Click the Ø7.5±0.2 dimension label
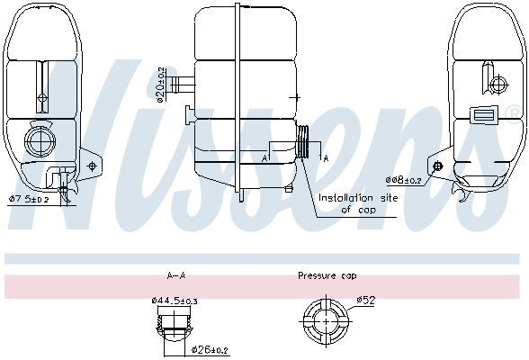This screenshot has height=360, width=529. [30, 198]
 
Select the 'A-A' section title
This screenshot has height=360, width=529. [175, 274]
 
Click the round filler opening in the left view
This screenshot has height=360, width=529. [40, 139]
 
